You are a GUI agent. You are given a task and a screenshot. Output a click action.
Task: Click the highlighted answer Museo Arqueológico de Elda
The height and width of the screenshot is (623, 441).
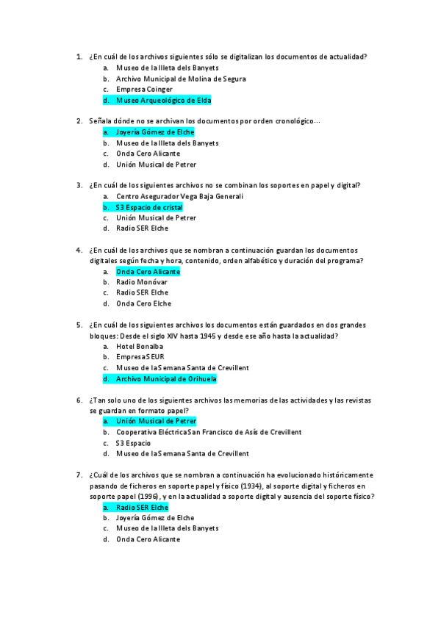click(158, 100)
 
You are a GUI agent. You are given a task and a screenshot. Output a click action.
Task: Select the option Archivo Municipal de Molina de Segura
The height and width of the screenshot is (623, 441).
click(181, 79)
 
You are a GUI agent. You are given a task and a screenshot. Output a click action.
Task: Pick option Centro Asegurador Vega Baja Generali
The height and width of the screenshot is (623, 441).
click(179, 197)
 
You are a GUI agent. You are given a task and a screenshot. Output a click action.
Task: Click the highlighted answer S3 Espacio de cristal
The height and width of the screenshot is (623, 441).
click(149, 207)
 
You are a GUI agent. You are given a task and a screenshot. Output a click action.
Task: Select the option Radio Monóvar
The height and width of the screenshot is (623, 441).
click(142, 282)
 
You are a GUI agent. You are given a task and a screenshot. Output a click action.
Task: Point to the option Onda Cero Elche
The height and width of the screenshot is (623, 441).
click(143, 303)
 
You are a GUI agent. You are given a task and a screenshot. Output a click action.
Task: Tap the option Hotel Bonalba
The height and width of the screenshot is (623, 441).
click(140, 346)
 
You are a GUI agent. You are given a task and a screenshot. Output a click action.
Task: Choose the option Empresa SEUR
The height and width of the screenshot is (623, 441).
click(140, 357)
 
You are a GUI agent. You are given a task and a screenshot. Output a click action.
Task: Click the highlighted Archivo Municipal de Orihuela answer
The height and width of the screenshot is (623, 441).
click(166, 379)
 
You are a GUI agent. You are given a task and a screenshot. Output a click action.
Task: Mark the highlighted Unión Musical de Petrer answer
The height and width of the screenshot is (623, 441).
click(156, 422)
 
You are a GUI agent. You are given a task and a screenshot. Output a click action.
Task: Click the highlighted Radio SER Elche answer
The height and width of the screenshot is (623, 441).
click(142, 508)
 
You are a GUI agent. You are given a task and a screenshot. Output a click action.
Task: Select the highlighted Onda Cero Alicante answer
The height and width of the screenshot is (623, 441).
click(148, 272)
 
